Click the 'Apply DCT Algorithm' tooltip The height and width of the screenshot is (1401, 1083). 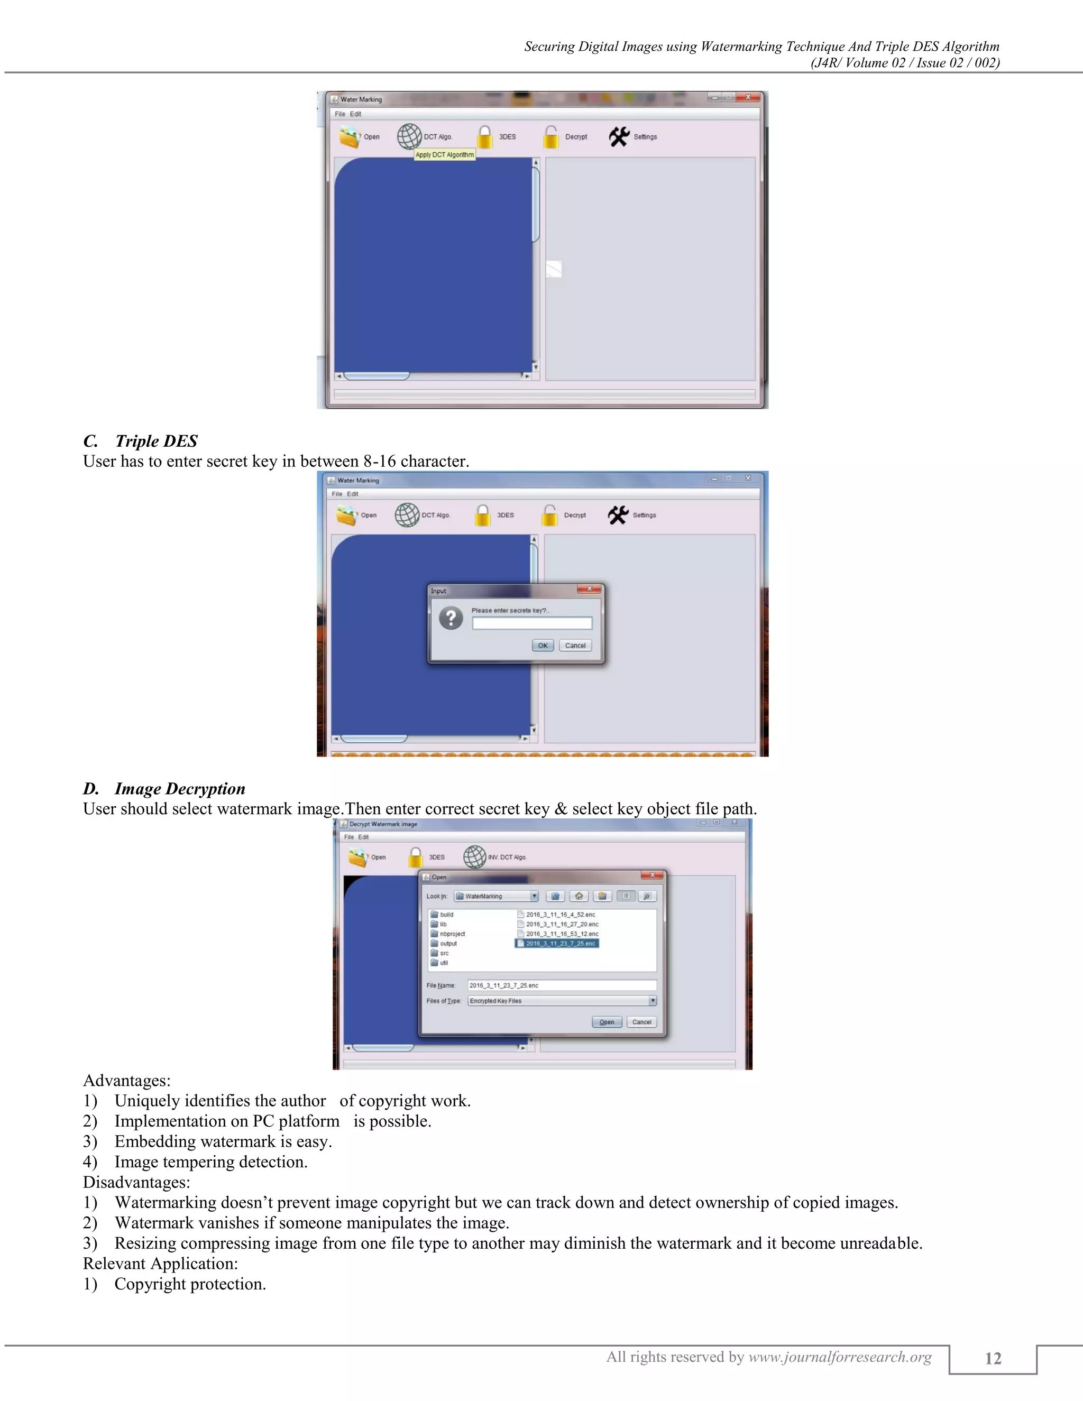pos(445,154)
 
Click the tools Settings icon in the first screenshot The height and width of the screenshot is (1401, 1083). pos(619,136)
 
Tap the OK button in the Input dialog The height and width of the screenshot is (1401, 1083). pos(543,646)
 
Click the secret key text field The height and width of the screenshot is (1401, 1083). pos(532,623)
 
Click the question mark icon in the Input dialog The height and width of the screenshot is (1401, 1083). pos(451,619)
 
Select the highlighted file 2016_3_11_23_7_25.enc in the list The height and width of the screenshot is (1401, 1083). pos(557,944)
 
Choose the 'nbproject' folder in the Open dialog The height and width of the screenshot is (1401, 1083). pos(452,934)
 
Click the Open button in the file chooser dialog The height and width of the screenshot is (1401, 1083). pos(607,1022)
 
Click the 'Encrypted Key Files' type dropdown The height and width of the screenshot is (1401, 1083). pos(562,1001)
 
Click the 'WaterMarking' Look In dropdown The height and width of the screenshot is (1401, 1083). pos(496,896)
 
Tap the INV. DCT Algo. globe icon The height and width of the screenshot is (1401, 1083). pos(475,857)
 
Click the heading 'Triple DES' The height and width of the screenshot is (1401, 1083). pos(156,441)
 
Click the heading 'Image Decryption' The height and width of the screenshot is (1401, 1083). pos(180,788)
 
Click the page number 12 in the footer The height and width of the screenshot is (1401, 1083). pos(993,1359)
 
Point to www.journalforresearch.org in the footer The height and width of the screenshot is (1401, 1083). pos(840,1357)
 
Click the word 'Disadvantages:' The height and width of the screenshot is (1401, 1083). pos(136,1182)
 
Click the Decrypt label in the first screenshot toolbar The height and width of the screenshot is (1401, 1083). pos(575,136)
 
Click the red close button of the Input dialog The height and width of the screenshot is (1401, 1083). pos(589,589)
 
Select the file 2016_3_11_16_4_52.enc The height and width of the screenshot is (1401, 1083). pos(560,915)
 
